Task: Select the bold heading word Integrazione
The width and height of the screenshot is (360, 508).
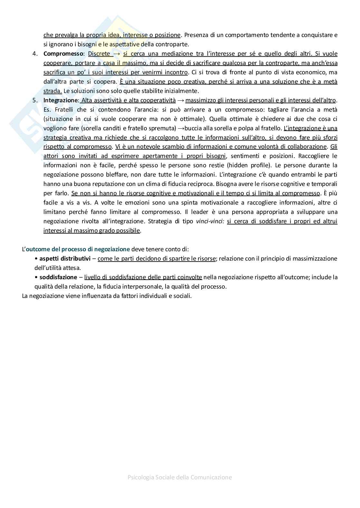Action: pyautogui.click(x=61, y=100)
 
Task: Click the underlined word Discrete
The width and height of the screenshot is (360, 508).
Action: pyautogui.click(x=99, y=54)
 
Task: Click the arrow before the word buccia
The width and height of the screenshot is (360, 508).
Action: pyautogui.click(x=181, y=128)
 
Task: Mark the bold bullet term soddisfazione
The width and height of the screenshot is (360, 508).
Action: pyautogui.click(x=58, y=277)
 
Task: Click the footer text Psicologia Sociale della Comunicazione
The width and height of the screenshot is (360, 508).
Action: pyautogui.click(x=180, y=477)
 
